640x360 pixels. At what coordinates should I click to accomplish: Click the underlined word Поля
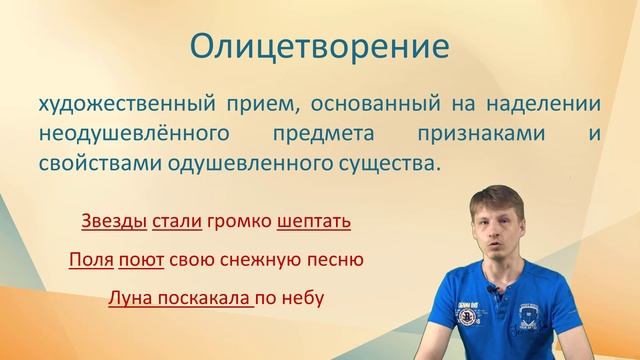coord(89,259)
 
